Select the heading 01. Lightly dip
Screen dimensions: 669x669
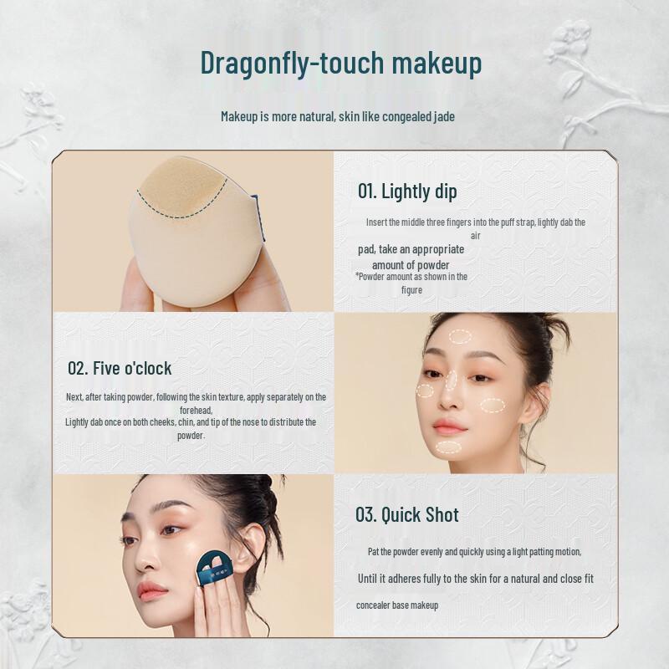pyautogui.click(x=407, y=191)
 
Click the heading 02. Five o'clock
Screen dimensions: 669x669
pyautogui.click(x=120, y=368)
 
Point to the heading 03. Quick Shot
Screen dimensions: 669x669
pyautogui.click(x=406, y=514)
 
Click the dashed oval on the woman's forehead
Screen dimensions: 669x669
pyautogui.click(x=460, y=337)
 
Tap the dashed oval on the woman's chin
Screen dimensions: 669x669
pyautogui.click(x=449, y=447)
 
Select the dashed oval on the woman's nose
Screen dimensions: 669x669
pyautogui.click(x=451, y=381)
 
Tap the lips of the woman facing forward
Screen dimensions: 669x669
pyautogui.click(x=449, y=426)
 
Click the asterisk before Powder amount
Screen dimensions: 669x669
pyautogui.click(x=357, y=276)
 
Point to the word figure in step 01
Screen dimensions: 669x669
pyautogui.click(x=411, y=289)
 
